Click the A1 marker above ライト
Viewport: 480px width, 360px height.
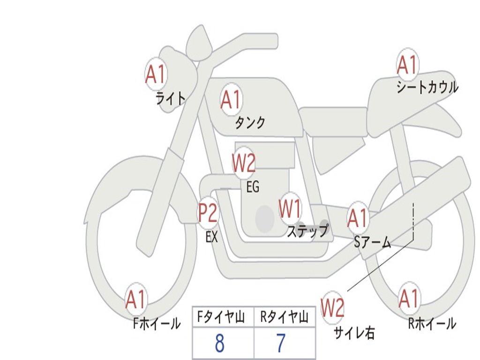(x=155, y=74)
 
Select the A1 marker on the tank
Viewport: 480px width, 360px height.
(x=231, y=99)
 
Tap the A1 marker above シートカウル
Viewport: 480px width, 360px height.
(x=407, y=64)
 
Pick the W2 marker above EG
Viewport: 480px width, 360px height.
(x=244, y=163)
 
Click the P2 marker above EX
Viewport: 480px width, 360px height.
(x=208, y=213)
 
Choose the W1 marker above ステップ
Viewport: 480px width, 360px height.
(x=290, y=209)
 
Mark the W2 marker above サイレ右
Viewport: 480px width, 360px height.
(x=333, y=308)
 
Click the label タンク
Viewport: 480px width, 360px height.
(x=250, y=123)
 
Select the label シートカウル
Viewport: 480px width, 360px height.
(x=427, y=88)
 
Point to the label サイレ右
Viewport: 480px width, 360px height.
(x=354, y=333)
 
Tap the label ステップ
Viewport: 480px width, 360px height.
(x=307, y=231)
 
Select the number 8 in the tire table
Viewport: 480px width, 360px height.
(x=219, y=344)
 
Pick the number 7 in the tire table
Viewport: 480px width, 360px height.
(x=281, y=344)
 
